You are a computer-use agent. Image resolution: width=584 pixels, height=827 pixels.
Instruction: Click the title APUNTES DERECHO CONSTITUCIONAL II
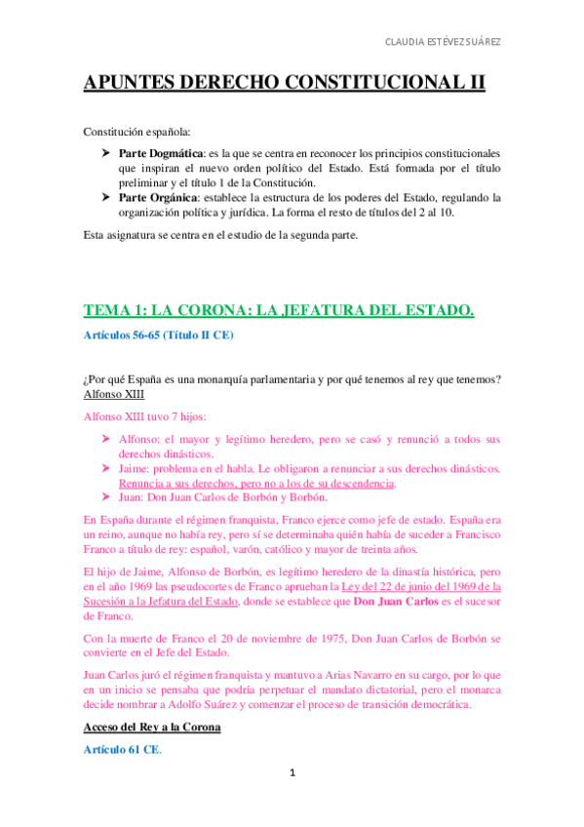(284, 84)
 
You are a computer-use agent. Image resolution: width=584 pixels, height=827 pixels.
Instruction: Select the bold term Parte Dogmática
(161, 154)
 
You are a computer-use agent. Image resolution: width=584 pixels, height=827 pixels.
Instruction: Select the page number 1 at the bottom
(292, 773)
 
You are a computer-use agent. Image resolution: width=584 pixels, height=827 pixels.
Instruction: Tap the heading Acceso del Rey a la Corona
(152, 728)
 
